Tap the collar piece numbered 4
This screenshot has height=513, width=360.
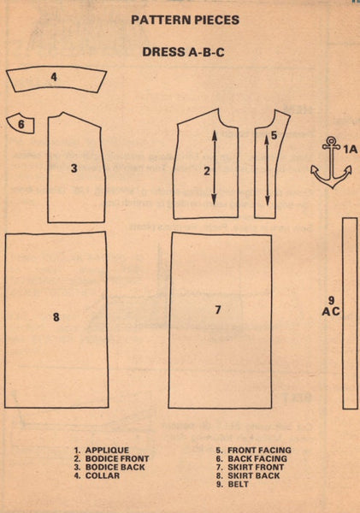tap(56, 80)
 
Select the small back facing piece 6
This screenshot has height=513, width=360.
tap(21, 124)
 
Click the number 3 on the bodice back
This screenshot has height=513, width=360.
tap(74, 168)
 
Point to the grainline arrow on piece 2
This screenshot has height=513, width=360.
tap(215, 168)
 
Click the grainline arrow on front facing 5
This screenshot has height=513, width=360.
tap(267, 170)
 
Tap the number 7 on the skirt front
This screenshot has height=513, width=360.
tap(218, 310)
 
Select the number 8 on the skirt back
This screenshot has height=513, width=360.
tap(56, 316)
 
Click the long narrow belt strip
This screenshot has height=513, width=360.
tap(350, 313)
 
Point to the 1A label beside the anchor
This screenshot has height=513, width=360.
tap(351, 149)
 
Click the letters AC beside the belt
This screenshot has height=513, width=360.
tap(331, 311)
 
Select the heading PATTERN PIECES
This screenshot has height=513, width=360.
tap(186, 20)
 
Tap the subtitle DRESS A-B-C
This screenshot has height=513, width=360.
tap(183, 52)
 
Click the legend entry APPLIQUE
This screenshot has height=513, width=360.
tap(107, 451)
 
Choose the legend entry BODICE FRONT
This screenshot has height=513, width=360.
tap(117, 458)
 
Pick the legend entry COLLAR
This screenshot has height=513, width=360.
tap(103, 475)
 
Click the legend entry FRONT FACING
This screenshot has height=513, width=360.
tap(260, 451)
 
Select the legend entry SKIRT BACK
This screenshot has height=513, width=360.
tap(254, 475)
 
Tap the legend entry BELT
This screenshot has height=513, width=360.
tap(239, 484)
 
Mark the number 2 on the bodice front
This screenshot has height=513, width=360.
tap(207, 171)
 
